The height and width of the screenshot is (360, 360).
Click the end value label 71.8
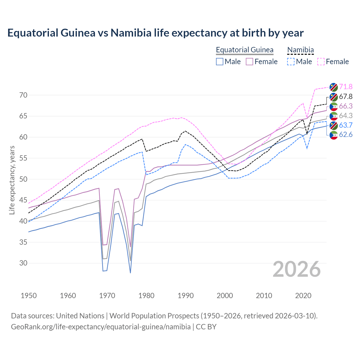coord(346,87)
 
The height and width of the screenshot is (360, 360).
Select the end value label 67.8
coord(346,96)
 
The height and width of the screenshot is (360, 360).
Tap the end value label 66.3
coord(346,106)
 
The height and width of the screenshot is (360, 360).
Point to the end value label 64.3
coord(346,116)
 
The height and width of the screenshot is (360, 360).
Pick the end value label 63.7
coord(346,125)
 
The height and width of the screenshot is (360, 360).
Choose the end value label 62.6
coord(346,135)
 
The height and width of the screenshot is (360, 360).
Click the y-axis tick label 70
coord(23,95)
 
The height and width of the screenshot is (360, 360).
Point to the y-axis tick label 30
coord(23,263)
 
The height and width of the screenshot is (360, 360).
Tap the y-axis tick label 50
coord(23,179)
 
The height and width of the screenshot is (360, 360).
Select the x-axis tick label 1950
coord(29,296)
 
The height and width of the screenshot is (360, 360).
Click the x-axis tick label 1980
coord(146,296)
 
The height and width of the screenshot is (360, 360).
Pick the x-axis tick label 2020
coord(303,296)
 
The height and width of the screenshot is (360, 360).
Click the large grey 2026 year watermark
coord(296,269)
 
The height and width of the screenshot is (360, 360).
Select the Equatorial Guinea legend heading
coord(244,50)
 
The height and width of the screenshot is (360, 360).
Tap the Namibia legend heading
coord(300,50)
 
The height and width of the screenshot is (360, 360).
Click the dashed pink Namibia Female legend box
coord(321,62)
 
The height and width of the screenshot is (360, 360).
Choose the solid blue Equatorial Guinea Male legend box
coord(220,62)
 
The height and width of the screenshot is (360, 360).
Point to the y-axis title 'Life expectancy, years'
coord(12,180)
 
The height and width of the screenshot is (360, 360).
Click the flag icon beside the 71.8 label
coord(334,87)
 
